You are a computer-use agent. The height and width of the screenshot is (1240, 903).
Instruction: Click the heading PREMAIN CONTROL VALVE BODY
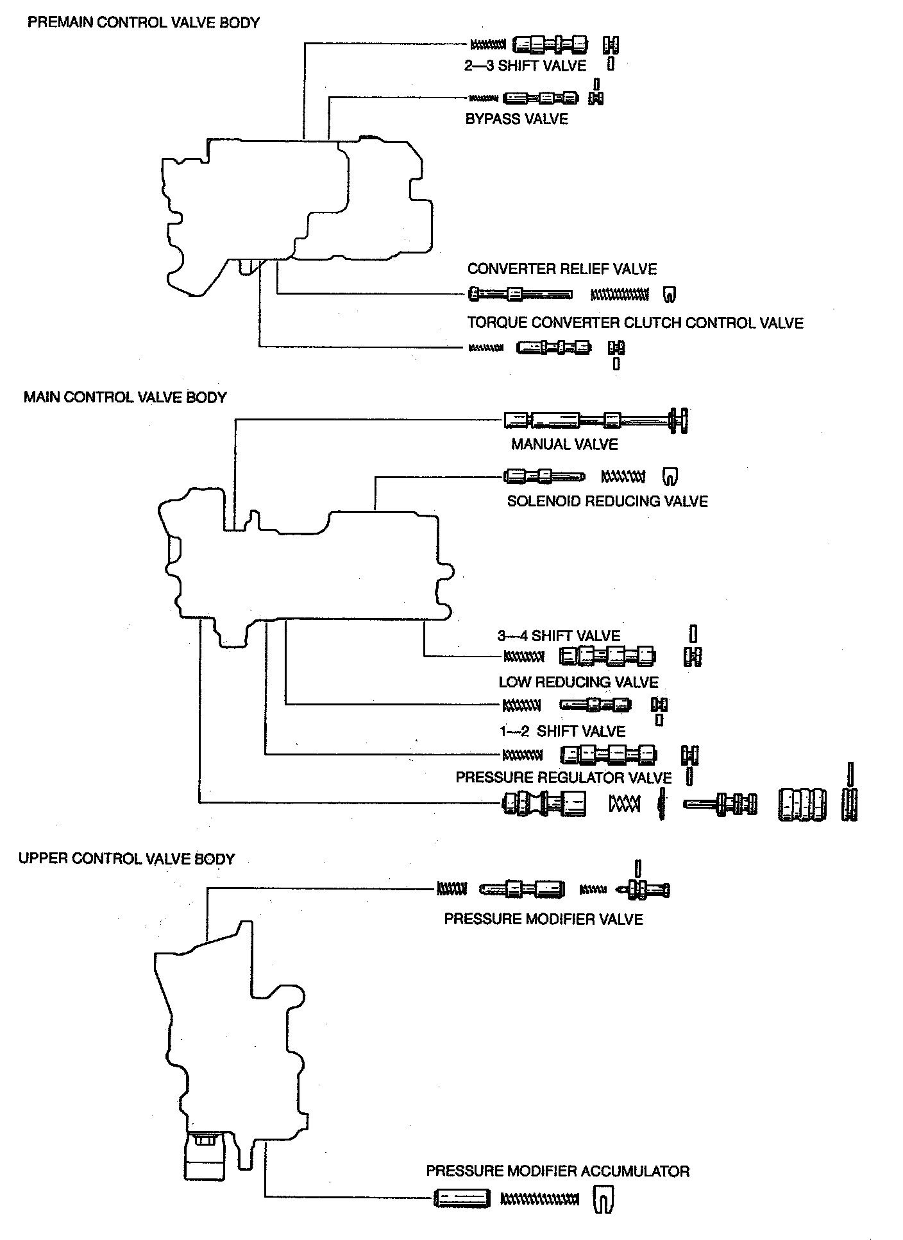point(144,22)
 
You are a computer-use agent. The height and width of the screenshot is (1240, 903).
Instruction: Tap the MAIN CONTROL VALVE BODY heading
point(125,397)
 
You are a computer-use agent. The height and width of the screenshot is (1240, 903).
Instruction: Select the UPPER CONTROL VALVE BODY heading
point(126,859)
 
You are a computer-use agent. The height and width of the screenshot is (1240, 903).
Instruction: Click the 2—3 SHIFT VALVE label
point(525,65)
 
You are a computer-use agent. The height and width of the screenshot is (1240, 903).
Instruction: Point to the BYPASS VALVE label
point(516,119)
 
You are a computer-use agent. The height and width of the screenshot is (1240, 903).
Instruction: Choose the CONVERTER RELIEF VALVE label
point(562,269)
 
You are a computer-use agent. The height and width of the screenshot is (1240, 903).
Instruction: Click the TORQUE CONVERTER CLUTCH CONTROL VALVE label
point(635,323)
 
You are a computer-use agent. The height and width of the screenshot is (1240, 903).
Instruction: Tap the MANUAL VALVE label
point(564,444)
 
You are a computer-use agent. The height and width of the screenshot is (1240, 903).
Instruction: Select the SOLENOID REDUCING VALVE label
point(607,501)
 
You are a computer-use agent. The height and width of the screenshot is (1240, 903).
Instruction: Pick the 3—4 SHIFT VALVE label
point(559,636)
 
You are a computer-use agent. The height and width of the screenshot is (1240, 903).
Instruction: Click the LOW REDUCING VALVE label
point(578,682)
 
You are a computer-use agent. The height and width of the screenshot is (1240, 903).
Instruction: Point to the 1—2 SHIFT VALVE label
point(562,732)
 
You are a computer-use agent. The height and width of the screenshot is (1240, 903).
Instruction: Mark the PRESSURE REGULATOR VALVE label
point(563,778)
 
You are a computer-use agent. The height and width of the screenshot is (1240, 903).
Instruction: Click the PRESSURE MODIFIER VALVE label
point(543,919)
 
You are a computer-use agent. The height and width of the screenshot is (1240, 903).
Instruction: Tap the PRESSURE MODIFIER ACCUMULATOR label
point(557,1171)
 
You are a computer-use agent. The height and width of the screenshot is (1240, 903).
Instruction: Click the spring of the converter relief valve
point(619,295)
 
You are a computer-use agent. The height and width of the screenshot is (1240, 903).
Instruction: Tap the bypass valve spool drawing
point(541,98)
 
